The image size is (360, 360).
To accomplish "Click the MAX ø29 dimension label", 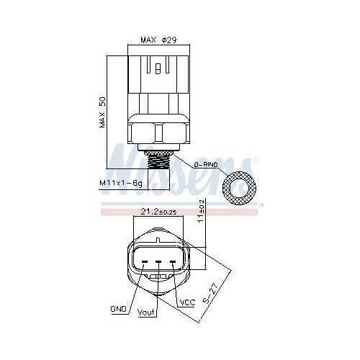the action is point(158,40).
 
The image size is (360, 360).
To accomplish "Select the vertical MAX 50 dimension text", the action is point(102,112).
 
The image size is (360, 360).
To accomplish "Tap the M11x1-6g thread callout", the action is point(121,183).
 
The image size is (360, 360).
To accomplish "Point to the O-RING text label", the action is point(206,165).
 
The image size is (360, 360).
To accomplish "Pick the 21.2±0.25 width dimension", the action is point(158,212).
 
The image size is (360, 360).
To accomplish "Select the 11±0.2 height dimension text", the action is point(201,211).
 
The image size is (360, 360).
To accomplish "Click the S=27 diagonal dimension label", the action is point(210,294).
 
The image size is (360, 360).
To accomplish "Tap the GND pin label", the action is point(118,309).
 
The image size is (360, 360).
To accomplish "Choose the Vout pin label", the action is point(146,312).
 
